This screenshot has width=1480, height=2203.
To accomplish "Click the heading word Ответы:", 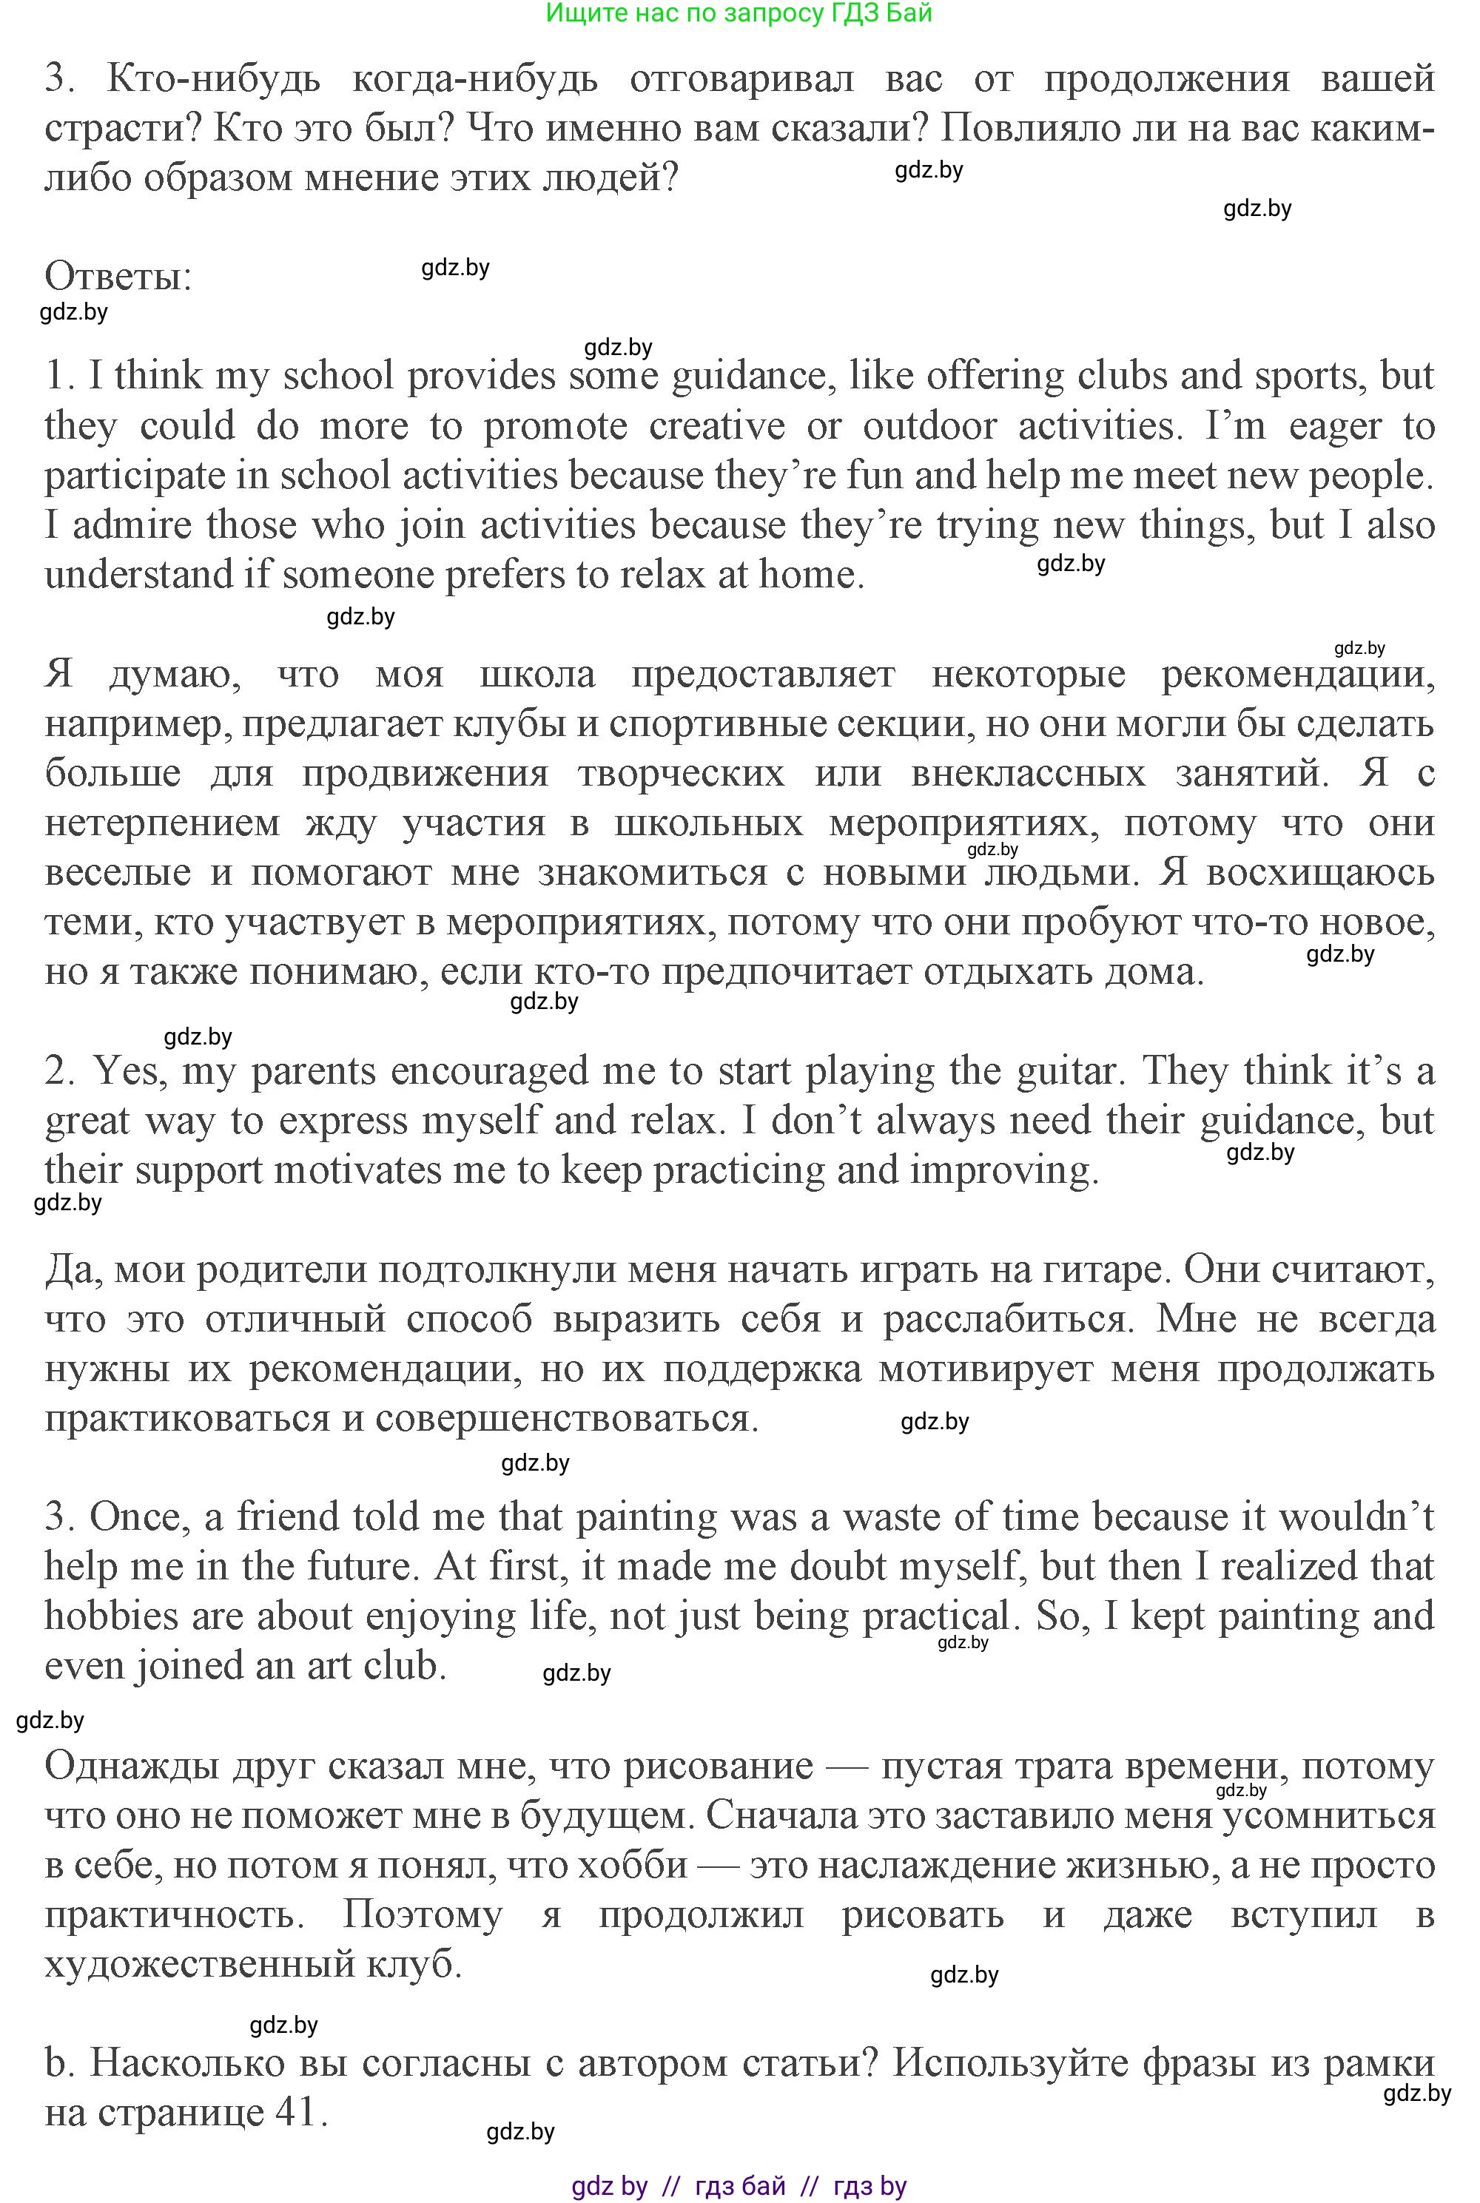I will (x=118, y=277).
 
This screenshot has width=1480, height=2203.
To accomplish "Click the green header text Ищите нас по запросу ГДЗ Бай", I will (x=739, y=13).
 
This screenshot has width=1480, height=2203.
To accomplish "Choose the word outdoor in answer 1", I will (x=929, y=425).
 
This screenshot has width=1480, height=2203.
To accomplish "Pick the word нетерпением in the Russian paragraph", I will (x=161, y=823).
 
